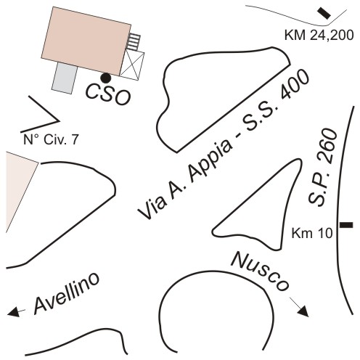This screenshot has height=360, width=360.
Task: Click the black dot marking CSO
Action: (106, 78)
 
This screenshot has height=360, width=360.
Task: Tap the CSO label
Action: (108, 94)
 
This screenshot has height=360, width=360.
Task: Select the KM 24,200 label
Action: (319, 36)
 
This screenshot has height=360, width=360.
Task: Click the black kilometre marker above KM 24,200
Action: (324, 13)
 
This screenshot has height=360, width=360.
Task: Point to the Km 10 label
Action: (312, 234)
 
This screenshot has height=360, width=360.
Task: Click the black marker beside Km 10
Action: (346, 225)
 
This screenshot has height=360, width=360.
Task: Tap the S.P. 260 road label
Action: (322, 168)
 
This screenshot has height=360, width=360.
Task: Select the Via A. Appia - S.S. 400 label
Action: (224, 144)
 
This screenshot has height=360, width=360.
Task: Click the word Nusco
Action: (261, 271)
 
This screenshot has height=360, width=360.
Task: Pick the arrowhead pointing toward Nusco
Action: (303, 312)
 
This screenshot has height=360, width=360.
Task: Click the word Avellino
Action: (66, 293)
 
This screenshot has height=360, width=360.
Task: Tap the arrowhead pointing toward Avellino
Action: (12, 312)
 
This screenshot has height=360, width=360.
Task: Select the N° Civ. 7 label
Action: (51, 140)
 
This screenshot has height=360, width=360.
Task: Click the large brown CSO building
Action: (86, 41)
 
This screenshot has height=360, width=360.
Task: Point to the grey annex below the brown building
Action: (65, 78)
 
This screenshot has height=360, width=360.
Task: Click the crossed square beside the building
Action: (132, 65)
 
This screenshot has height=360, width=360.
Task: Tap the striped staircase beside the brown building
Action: (134, 42)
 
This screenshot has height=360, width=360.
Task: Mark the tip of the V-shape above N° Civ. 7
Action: (60, 120)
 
